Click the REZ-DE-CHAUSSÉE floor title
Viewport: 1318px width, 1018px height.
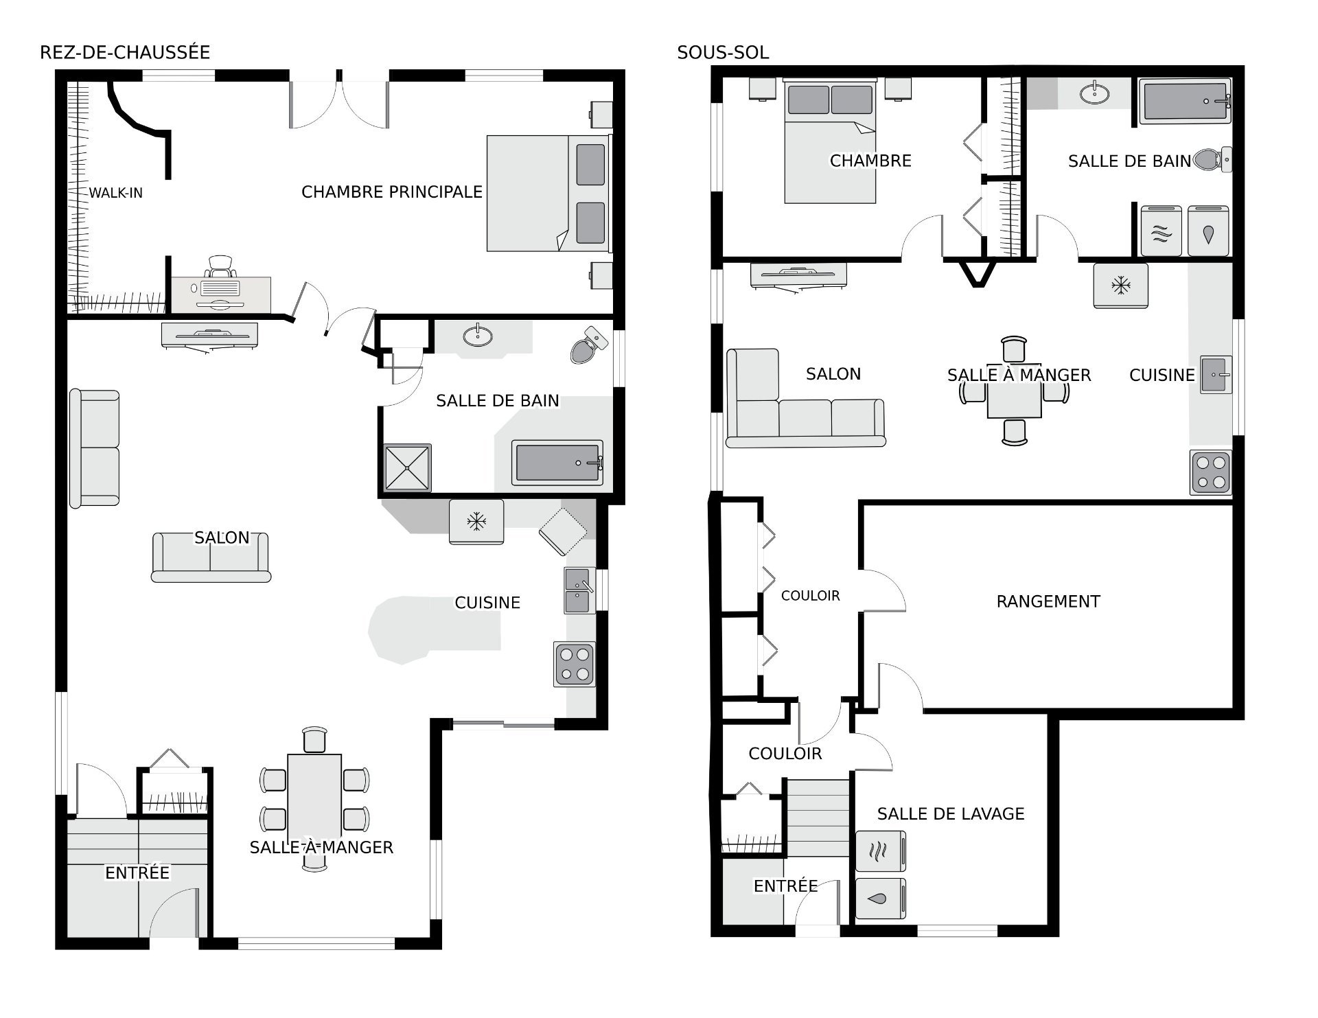125,52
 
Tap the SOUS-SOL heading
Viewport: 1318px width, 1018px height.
723,52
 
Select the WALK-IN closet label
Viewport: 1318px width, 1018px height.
116,193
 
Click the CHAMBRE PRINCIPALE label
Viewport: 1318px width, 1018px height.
392,192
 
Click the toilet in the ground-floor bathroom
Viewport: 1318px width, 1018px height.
589,345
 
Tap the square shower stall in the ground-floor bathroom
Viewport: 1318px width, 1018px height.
408,468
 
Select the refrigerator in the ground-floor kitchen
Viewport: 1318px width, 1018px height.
476,522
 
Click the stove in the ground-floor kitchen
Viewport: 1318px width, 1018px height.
575,664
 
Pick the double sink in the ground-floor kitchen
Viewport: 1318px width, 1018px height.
579,590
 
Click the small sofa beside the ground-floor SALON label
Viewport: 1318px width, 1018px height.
211,557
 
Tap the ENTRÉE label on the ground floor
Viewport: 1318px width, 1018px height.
137,872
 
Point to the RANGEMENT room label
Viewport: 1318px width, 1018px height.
1048,601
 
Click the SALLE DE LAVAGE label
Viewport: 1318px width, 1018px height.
951,813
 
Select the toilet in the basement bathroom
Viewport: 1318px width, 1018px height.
1213,159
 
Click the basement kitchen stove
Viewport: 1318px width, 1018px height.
1211,472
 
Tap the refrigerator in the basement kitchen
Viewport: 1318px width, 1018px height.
1121,285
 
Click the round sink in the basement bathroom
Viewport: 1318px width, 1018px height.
1094,93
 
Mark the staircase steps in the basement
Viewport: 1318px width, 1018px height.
818,817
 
